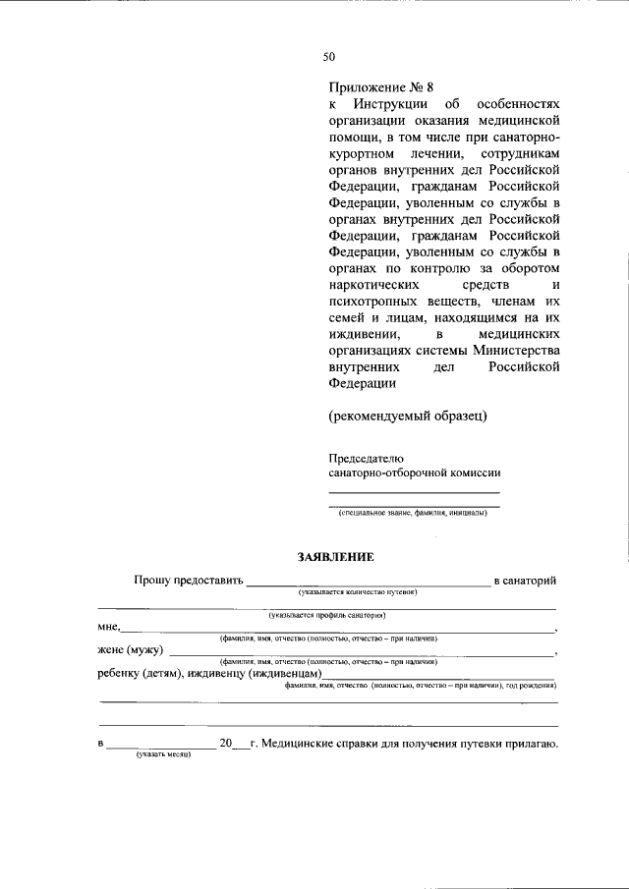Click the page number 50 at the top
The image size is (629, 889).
pyautogui.click(x=329, y=56)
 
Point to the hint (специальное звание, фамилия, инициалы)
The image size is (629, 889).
pyautogui.click(x=412, y=513)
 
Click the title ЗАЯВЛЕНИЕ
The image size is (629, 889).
pyautogui.click(x=335, y=557)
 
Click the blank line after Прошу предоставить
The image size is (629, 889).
pyautogui.click(x=368, y=582)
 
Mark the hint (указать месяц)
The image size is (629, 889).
pyautogui.click(x=162, y=755)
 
